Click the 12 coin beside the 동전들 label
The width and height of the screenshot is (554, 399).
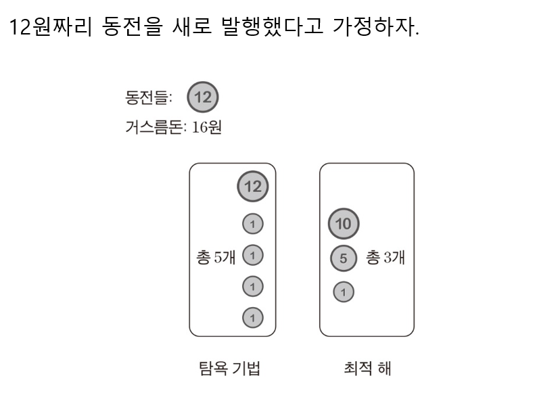click(202, 97)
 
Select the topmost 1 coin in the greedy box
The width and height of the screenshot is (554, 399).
click(253, 223)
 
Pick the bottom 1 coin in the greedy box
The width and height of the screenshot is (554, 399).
click(253, 316)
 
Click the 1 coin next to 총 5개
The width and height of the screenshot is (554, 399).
click(253, 255)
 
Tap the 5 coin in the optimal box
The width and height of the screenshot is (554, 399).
click(343, 258)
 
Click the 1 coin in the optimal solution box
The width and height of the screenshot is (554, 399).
click(343, 291)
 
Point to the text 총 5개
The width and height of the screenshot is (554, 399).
click(215, 258)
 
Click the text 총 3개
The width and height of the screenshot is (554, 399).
click(385, 258)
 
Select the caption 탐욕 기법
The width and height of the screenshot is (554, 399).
click(227, 369)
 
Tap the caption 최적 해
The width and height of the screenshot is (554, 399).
click(368, 369)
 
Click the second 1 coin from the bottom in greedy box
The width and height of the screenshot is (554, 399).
click(253, 286)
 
